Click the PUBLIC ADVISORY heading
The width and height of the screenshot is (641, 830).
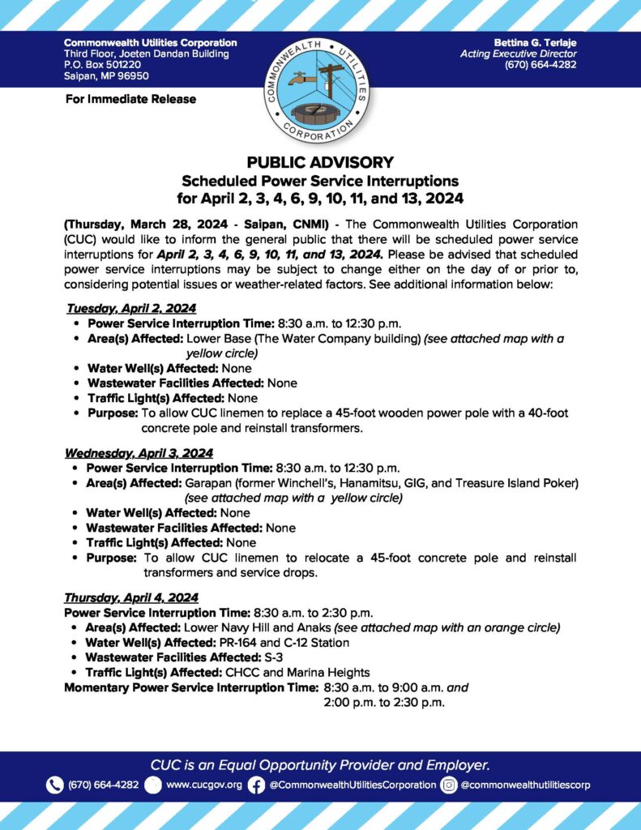[320, 162]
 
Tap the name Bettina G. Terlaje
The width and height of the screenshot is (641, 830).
[535, 42]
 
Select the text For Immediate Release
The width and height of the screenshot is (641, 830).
[130, 99]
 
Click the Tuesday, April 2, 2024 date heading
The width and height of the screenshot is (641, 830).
[131, 308]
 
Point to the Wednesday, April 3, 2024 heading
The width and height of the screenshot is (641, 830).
[139, 453]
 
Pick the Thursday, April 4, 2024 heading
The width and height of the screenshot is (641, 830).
[131, 597]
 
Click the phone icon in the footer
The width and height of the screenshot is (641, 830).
[55, 785]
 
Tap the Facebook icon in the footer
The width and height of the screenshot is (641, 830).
[256, 785]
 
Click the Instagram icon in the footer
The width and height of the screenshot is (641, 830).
[449, 785]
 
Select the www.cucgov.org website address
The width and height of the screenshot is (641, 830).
[204, 785]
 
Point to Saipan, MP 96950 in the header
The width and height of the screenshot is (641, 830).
[106, 76]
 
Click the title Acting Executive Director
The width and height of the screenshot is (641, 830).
[518, 53]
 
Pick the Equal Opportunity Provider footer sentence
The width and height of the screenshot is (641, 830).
[320, 764]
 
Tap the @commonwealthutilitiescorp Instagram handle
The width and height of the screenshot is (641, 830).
[526, 785]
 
